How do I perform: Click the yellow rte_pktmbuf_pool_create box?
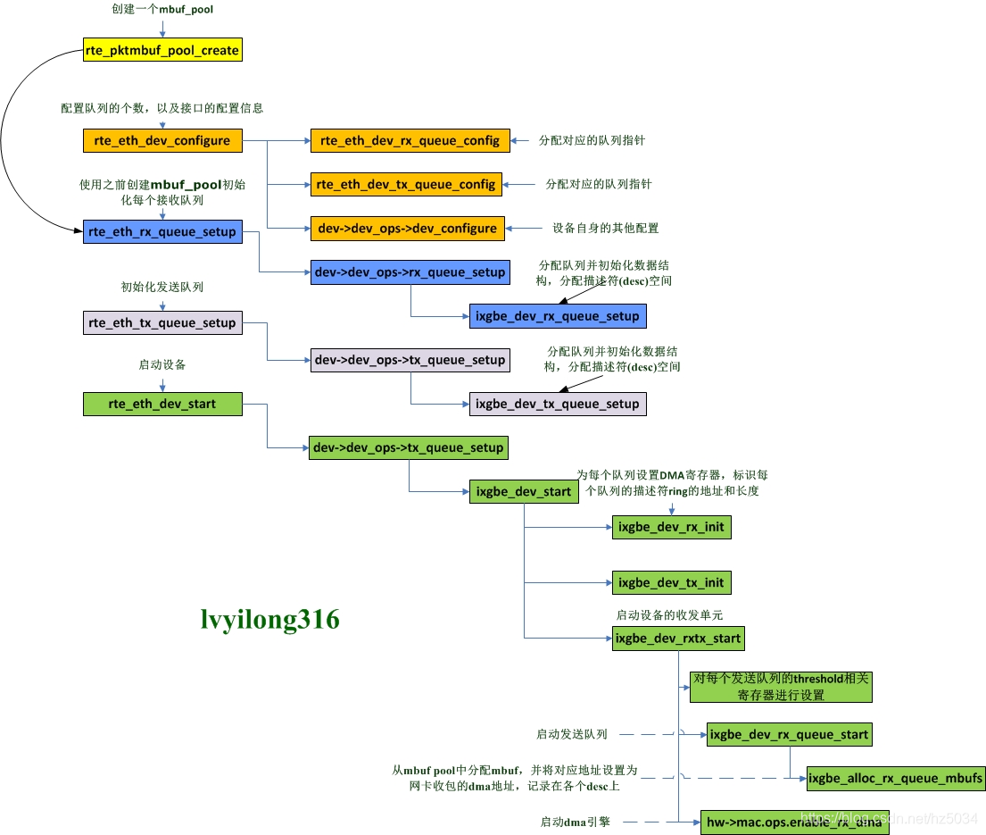(x=162, y=50)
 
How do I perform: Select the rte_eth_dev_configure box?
(x=162, y=140)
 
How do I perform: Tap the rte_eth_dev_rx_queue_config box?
(x=410, y=140)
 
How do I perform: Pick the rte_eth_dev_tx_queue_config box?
(x=406, y=184)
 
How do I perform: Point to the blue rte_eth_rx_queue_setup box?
(x=162, y=231)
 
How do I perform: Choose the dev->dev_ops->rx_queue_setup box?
(x=410, y=271)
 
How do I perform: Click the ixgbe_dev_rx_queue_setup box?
(x=557, y=315)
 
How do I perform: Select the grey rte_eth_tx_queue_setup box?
(x=162, y=322)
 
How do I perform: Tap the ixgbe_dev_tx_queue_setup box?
(x=557, y=404)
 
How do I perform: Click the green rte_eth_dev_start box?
(x=162, y=404)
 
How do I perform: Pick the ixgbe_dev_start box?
(x=523, y=491)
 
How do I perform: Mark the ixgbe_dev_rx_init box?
(x=671, y=527)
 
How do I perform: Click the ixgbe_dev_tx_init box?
(x=671, y=583)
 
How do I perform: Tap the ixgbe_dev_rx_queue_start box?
(x=789, y=735)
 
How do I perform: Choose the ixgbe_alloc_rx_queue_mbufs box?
(x=896, y=779)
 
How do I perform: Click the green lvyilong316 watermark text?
(x=269, y=620)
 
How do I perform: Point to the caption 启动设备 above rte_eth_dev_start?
(x=162, y=365)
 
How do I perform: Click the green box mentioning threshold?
(x=780, y=686)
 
